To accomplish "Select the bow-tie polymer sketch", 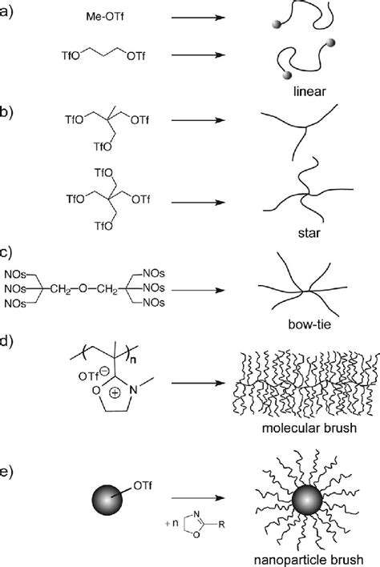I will point(301,288).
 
